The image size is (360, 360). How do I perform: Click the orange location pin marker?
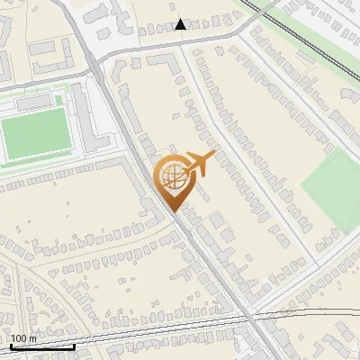(x=171, y=181)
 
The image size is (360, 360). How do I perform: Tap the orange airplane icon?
(x=200, y=164)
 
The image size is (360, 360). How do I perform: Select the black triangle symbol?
(x=182, y=25)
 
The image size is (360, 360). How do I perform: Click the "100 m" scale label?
(x=22, y=338)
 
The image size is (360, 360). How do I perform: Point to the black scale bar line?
(x=42, y=346)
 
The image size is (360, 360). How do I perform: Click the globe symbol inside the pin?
(x=171, y=174)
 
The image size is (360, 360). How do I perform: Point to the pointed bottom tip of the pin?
(x=172, y=211)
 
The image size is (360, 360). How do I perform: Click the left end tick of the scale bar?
(x=11, y=346)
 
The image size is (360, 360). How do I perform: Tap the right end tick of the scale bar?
(x=74, y=346)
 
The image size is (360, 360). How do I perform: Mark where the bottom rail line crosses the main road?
(x=245, y=318)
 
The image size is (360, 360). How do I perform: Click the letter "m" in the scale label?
(x=31, y=338)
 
